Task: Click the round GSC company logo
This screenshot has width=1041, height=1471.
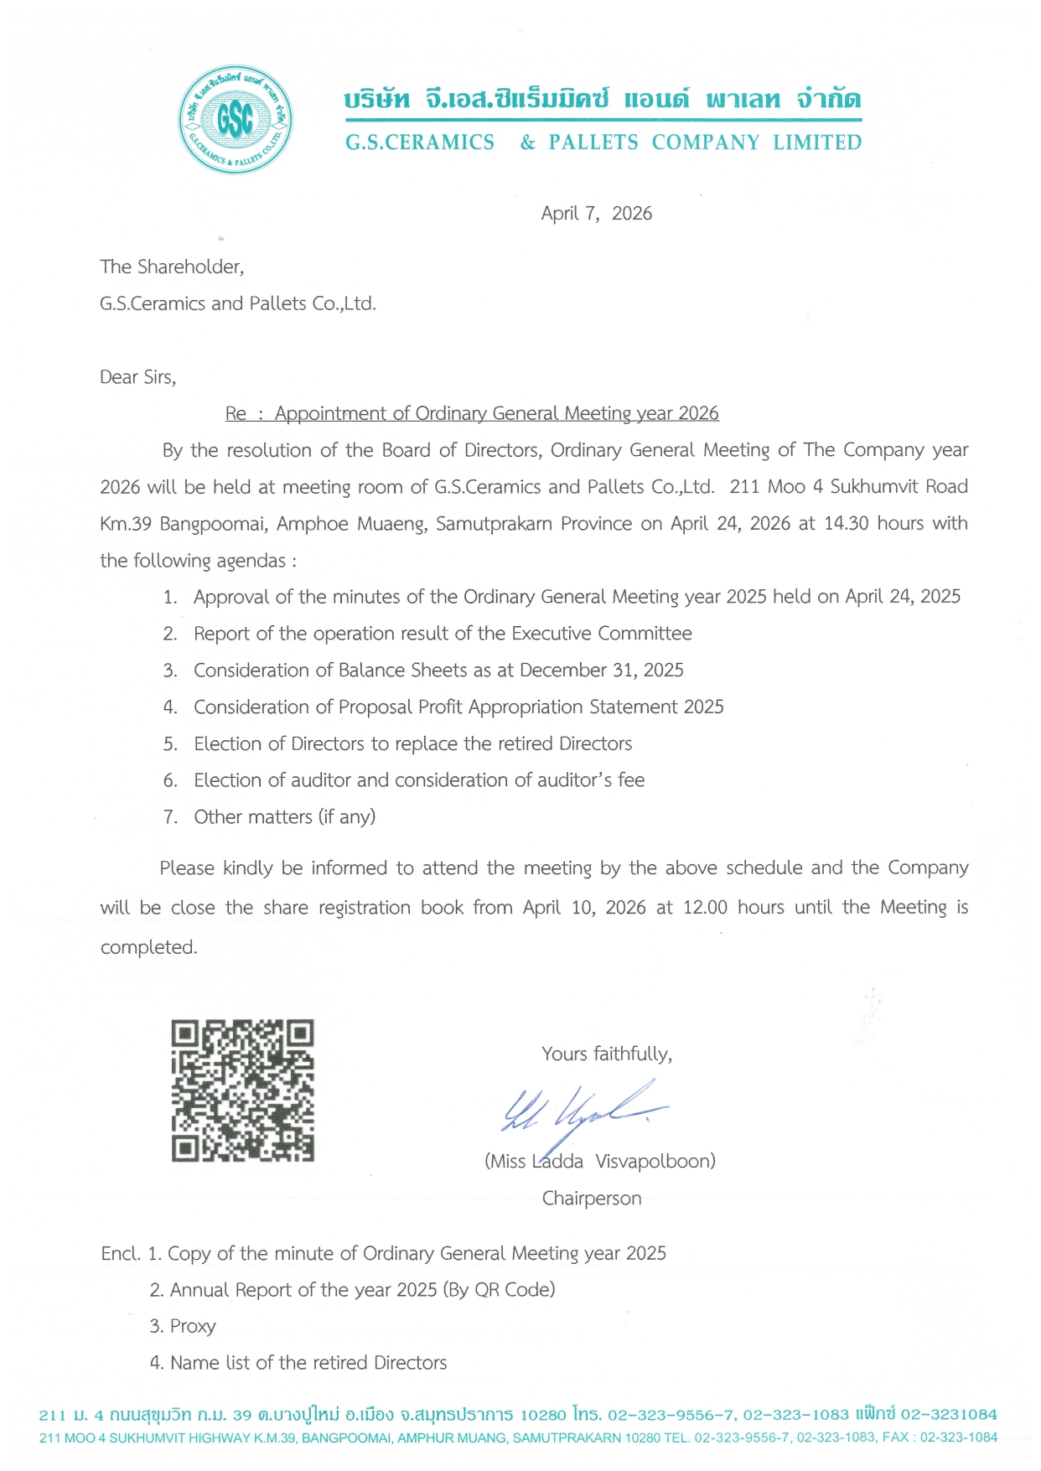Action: click(236, 120)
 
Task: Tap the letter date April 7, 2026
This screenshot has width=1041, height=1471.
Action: click(596, 214)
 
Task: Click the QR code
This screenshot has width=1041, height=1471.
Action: click(243, 1090)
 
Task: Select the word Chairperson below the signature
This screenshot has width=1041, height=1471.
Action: click(592, 1199)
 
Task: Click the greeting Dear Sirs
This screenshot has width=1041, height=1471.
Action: click(138, 377)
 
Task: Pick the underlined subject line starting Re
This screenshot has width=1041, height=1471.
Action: click(472, 413)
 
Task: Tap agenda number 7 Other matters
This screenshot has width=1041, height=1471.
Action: click(284, 817)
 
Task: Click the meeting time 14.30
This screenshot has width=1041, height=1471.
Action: click(846, 524)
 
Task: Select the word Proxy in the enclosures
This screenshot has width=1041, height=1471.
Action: click(193, 1326)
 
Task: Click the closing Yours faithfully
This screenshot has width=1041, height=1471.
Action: click(607, 1054)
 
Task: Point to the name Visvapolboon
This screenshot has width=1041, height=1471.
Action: click(655, 1162)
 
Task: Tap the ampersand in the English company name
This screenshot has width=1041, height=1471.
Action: click(527, 142)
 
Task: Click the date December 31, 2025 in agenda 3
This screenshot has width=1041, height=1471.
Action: click(601, 671)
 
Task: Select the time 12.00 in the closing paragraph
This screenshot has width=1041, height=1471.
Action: click(705, 908)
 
